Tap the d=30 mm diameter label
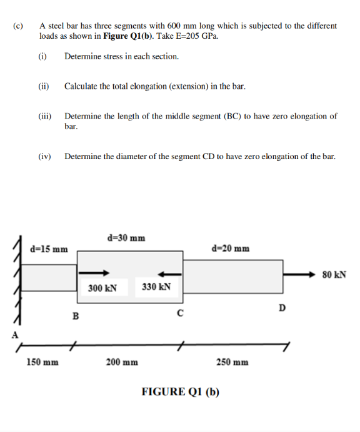[x=126, y=238]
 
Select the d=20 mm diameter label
[x=231, y=248]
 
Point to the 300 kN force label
[x=102, y=288]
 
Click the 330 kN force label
[x=156, y=287]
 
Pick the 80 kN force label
[x=334, y=274]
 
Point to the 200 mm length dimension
[x=122, y=362]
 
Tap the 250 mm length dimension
[x=232, y=362]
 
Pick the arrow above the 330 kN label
[x=168, y=273]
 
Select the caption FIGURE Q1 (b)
[x=181, y=392]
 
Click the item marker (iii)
[x=44, y=116]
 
